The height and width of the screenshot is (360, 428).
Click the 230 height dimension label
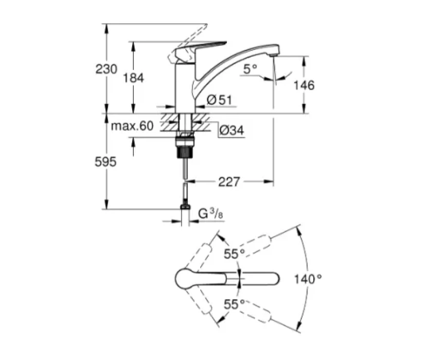[106, 69]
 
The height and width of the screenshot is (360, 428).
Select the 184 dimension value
[133, 78]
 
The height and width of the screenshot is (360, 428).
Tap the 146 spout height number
[304, 85]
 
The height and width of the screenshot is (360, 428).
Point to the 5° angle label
[250, 69]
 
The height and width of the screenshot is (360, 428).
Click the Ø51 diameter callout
[220, 100]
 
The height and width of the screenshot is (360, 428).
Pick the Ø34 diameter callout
[231, 130]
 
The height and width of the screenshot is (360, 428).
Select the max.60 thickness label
[132, 126]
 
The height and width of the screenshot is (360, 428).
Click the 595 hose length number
[105, 162]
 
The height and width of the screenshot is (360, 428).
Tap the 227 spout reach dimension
[229, 182]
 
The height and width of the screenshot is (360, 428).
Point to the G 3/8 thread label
[210, 213]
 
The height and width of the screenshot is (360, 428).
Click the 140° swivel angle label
[308, 279]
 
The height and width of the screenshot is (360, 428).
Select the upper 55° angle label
[234, 254]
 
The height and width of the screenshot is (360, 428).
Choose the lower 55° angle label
[234, 304]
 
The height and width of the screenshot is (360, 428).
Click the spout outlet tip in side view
[274, 55]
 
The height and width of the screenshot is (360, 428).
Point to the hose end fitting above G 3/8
[185, 207]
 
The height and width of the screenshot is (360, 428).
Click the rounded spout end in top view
[274, 279]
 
